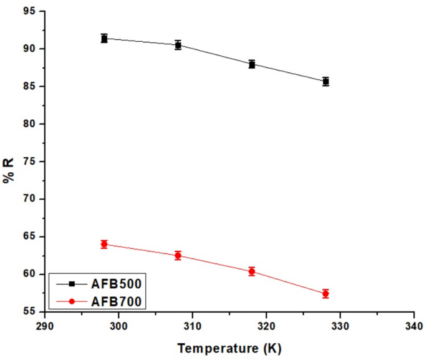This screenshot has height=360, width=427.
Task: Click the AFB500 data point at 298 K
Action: point(104,39)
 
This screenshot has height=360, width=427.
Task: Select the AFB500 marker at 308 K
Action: point(178,45)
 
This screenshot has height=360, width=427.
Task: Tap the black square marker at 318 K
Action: point(252,64)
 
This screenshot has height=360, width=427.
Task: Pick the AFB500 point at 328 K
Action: point(325,81)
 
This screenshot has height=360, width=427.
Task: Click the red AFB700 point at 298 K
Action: point(104,244)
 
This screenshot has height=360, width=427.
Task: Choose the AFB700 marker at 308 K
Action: point(178,255)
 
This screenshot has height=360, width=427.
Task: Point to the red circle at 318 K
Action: point(252,271)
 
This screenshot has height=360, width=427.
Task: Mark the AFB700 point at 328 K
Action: point(325,293)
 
